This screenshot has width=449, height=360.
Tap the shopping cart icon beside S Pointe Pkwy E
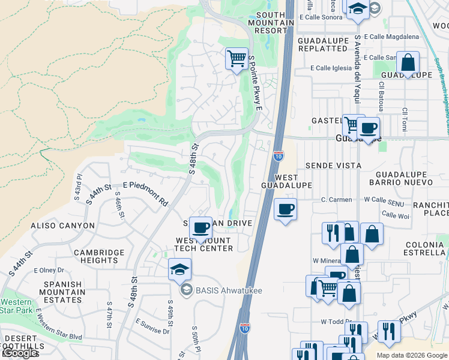(237, 59)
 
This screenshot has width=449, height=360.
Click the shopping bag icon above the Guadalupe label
(408, 62)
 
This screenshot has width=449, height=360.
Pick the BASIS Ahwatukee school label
(228, 290)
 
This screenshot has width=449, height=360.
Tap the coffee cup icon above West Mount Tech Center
(200, 227)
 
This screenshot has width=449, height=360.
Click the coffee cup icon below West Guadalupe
(285, 209)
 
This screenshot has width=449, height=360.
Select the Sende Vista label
(333, 165)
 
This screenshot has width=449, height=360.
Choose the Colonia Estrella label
(424, 249)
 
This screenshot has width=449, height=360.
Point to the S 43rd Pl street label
(79, 185)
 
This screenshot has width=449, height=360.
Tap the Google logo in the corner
(20, 353)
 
